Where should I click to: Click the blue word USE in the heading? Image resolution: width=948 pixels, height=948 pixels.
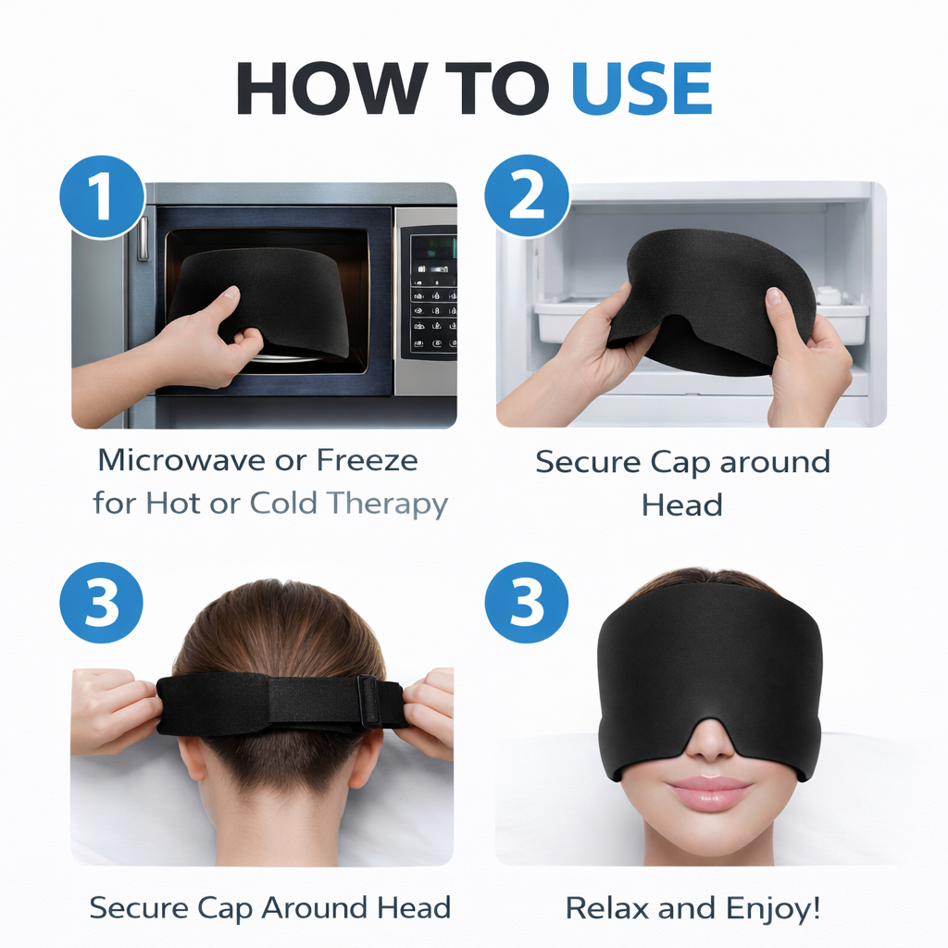[641, 90]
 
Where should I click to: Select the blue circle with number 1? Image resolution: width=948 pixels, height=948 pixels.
[101, 197]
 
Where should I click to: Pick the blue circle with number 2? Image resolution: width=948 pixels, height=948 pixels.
[527, 197]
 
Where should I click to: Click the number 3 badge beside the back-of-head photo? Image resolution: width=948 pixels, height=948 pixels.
[101, 604]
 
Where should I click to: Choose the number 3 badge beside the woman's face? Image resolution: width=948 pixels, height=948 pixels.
[527, 604]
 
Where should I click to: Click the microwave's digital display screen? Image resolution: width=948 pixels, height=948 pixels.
[433, 248]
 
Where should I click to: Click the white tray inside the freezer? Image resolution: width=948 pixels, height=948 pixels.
[565, 319]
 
